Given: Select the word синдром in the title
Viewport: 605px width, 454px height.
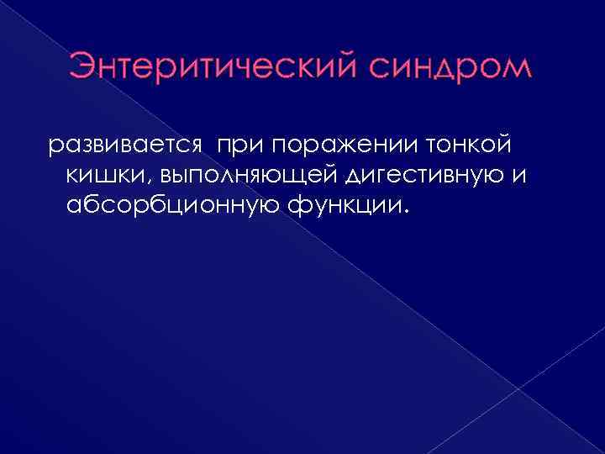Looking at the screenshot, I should (x=450, y=68).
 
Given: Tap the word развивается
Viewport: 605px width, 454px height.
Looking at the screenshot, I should (x=125, y=145).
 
